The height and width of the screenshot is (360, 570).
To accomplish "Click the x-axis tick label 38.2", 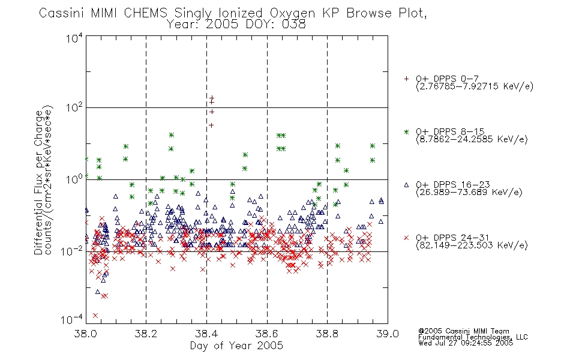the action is (x=146, y=334).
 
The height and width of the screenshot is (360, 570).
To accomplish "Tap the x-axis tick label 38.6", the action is (x=267, y=334).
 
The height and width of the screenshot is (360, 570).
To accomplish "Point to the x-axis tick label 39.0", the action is (x=388, y=334).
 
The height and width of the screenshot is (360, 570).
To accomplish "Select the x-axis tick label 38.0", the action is (x=85, y=334).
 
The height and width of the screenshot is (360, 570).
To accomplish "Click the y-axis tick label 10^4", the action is (x=74, y=38).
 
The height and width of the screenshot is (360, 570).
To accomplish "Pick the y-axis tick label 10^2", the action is (x=74, y=107).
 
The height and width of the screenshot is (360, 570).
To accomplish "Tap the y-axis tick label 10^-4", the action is (x=72, y=319).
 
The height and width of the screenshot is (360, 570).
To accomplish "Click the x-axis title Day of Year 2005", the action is (x=236, y=346).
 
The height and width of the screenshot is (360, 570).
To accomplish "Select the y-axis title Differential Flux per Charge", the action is (x=38, y=182).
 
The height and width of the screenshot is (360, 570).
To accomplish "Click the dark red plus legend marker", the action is (x=406, y=79).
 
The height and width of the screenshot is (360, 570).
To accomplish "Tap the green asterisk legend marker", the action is (x=406, y=131).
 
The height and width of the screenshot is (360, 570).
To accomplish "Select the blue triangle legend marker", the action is (x=406, y=185).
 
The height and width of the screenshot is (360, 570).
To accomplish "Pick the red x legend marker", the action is (x=406, y=238).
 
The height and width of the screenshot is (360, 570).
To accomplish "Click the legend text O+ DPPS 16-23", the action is (x=453, y=184).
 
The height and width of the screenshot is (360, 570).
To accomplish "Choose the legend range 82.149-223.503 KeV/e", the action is (x=472, y=245).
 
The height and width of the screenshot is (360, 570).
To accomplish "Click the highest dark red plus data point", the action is (x=212, y=98).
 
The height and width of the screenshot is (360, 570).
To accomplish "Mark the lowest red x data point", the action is (x=95, y=316).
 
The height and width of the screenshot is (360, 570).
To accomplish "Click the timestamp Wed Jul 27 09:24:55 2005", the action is (x=466, y=343).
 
